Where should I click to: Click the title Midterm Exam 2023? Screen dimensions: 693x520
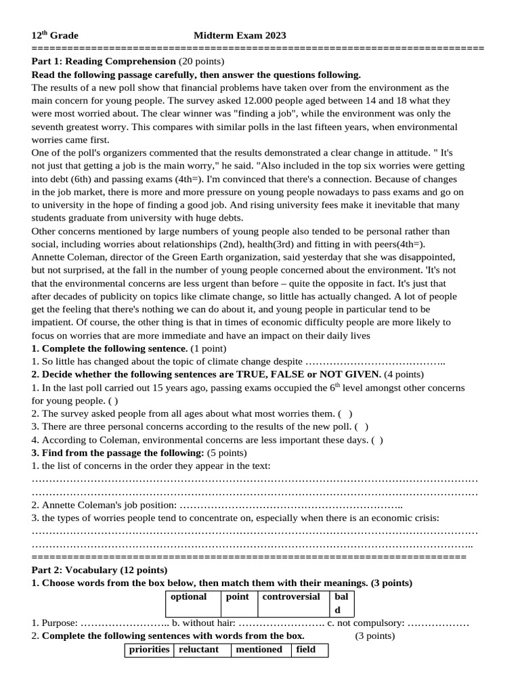click(240, 35)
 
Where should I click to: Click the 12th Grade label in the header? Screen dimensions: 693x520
click(55, 35)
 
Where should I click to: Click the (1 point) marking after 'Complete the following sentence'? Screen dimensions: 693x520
click(208, 348)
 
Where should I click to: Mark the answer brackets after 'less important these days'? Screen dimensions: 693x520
click(376, 439)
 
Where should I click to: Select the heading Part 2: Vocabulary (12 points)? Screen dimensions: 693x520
click(100, 570)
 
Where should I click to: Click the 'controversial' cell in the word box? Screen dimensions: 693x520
click(291, 597)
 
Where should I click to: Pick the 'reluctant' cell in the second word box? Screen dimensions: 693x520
click(198, 650)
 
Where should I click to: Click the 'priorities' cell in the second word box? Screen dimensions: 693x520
click(149, 650)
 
